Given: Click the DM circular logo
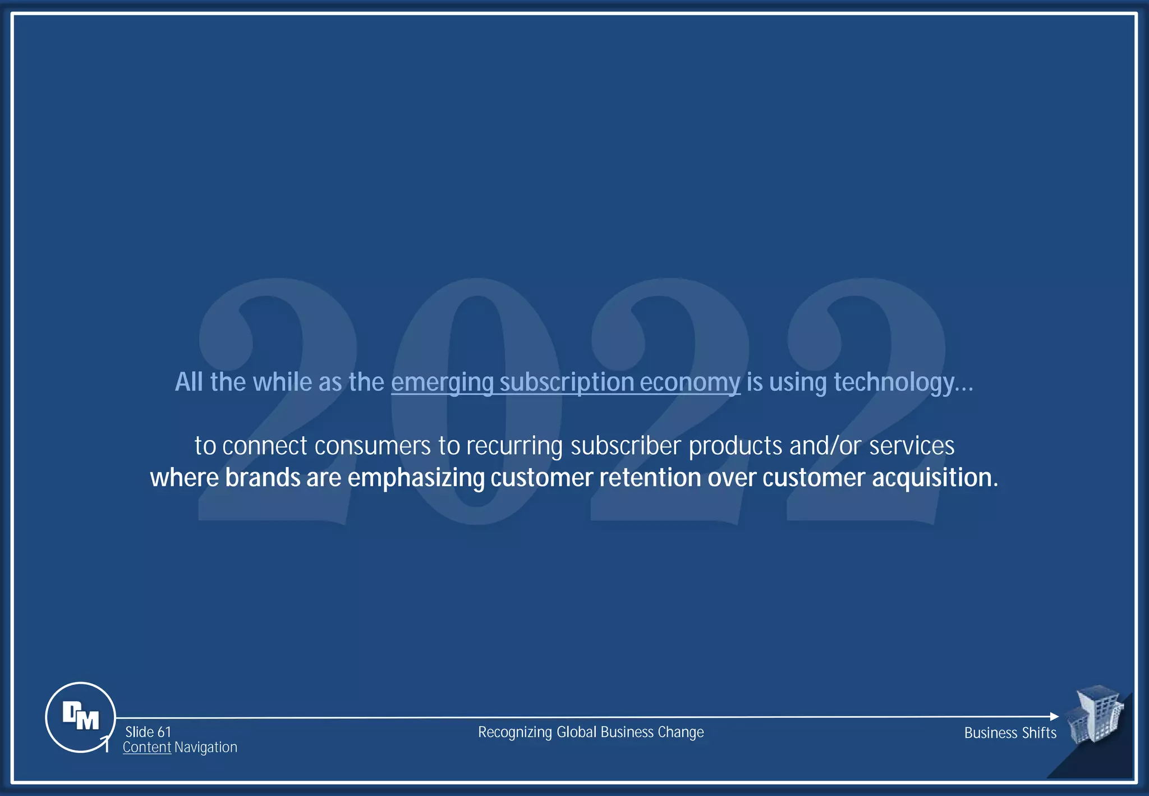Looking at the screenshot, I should point(80,717).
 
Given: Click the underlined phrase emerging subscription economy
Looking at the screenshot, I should point(566,382).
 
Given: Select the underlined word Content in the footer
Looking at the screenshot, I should point(147,747).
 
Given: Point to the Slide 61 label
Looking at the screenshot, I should point(148,732).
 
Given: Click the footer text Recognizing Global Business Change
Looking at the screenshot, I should point(591,732).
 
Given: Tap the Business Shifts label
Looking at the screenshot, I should point(1010,733).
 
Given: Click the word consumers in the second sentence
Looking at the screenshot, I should point(373,446).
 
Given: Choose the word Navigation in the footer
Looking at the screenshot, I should point(206,747).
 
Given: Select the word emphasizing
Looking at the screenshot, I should point(416,478).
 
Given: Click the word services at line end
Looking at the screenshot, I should point(912,446).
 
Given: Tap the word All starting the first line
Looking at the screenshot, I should point(189,382).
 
